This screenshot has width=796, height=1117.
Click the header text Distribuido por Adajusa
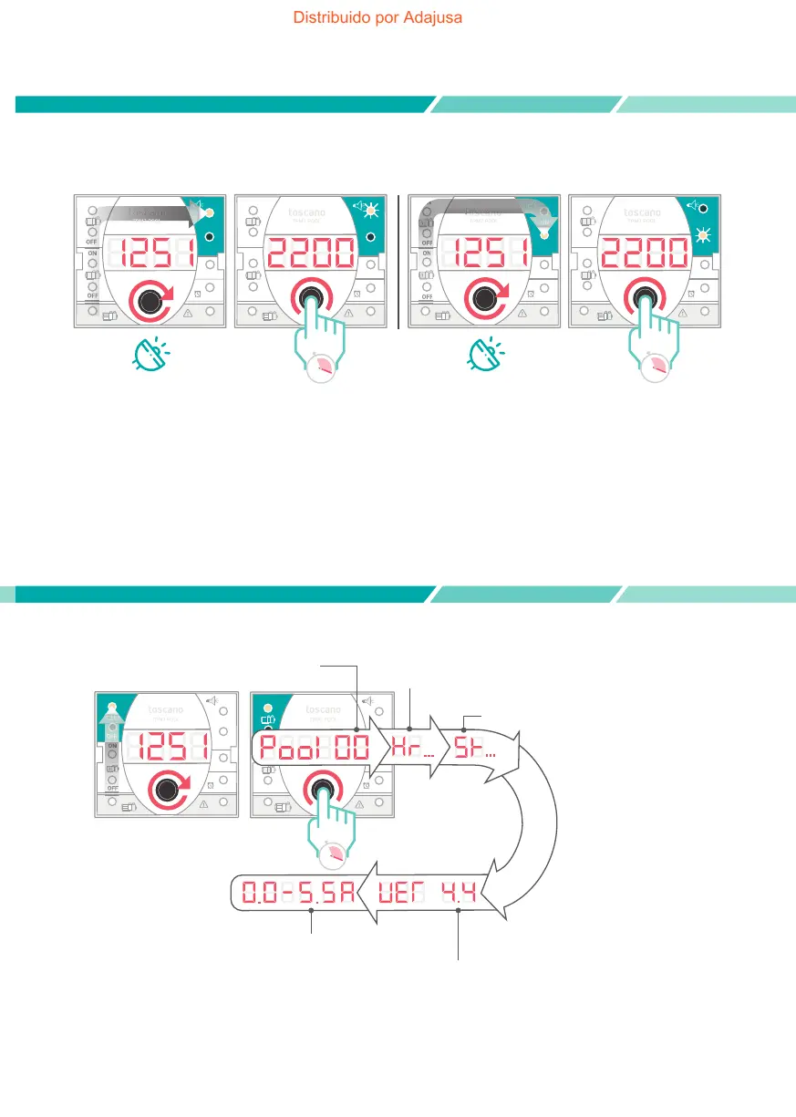(377, 17)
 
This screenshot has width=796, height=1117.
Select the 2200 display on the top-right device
(646, 253)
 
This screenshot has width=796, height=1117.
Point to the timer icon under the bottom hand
(336, 854)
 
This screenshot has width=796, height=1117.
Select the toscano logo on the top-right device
(645, 212)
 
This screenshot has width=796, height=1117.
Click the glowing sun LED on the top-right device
(702, 235)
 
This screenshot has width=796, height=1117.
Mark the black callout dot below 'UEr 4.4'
(459, 910)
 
